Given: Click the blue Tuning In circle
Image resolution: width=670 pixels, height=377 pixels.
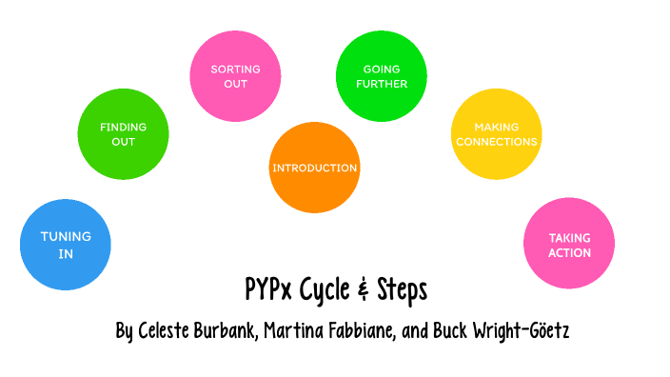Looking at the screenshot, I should click(66, 245).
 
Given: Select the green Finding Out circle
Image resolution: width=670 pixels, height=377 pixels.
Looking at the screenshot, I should click(123, 134).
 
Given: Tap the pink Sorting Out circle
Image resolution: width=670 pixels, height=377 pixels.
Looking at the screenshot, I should click(235, 76).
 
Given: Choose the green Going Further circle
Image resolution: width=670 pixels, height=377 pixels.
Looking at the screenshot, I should click(384, 76).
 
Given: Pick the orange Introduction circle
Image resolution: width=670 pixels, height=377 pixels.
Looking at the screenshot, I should click(315, 169).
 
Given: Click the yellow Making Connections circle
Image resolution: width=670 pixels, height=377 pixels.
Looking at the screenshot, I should click(496, 134).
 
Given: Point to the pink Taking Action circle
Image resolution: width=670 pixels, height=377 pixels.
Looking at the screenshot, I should click(569, 245).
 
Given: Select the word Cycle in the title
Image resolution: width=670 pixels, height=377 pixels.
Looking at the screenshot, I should click(322, 289).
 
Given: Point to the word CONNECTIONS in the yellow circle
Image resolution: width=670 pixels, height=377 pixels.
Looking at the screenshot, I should click(496, 142).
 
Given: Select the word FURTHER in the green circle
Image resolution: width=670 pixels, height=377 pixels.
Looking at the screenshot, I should click(384, 84).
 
